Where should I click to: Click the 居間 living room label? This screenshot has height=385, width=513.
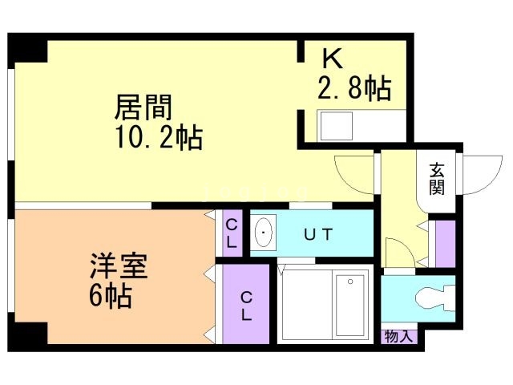143,107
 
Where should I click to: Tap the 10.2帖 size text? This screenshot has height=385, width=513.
159,138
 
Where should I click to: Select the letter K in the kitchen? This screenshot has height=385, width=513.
333,59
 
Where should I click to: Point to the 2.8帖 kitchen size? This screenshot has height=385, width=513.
354,87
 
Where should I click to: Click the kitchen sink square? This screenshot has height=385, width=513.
337,126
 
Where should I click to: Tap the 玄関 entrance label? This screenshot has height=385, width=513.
437,179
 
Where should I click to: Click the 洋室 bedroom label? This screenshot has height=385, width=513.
119,265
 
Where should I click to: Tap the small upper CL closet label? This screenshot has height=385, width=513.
232,233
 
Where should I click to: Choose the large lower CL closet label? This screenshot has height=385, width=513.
246,306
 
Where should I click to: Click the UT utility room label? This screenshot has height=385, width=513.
318,234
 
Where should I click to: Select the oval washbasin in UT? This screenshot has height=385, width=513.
264,232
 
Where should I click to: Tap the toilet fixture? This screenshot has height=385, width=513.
434,298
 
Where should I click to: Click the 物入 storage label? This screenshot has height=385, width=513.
398,336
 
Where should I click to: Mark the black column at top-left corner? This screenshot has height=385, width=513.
27,47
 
